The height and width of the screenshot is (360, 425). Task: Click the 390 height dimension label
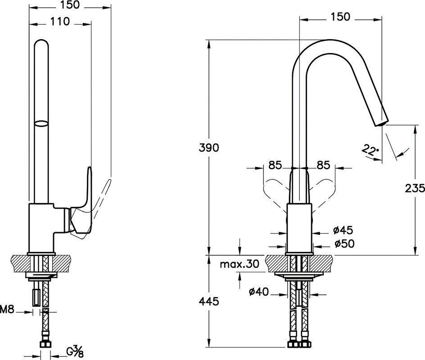point(209,148)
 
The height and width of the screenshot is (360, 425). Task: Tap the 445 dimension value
point(209,301)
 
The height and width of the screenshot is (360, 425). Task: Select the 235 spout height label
point(415,188)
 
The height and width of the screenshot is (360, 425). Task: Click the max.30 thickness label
point(240,264)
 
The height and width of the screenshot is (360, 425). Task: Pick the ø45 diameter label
point(343,230)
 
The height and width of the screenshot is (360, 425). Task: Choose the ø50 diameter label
point(344,243)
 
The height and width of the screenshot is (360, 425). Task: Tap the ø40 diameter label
point(259,292)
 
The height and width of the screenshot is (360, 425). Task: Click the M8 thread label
point(6,309)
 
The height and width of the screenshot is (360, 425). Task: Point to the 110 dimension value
point(60,22)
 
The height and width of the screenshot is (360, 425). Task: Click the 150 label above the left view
point(70,4)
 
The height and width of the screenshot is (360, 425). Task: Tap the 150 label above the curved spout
point(340,17)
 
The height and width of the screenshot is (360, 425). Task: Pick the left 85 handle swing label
point(275,165)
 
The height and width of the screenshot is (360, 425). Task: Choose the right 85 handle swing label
point(323,165)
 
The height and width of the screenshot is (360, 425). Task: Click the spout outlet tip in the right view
point(382,123)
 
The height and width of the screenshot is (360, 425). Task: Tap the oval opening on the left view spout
point(41,123)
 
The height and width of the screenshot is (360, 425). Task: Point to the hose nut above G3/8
point(45,344)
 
